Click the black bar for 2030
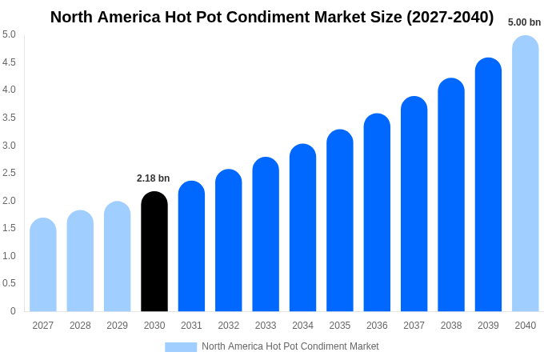154,251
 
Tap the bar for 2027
43,265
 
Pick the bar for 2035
340,221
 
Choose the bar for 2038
451,195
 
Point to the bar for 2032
229,241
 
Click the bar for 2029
118,257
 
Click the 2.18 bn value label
154,178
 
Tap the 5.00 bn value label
524,22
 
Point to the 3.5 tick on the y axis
9,118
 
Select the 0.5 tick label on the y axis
9,283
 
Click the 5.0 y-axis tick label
9,34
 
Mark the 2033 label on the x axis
266,326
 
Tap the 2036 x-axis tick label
377,326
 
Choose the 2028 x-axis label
80,326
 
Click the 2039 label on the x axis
488,326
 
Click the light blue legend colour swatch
181,347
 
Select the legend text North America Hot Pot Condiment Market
290,346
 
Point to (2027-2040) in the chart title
450,17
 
